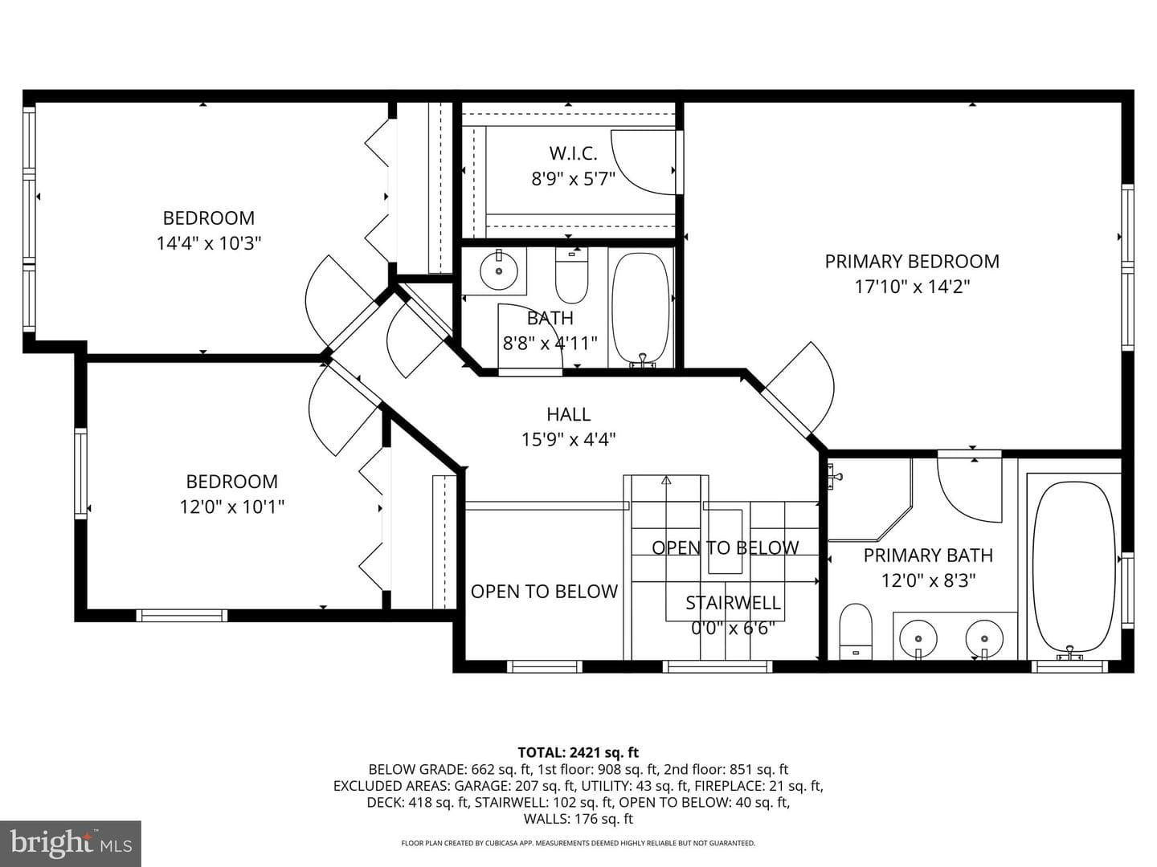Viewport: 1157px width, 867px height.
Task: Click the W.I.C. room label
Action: click(573, 153)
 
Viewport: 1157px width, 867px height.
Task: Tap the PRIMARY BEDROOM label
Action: click(912, 261)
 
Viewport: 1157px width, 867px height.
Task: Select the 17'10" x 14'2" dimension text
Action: click(912, 287)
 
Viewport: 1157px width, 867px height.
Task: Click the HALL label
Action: click(568, 414)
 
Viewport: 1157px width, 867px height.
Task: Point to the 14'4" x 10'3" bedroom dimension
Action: click(209, 243)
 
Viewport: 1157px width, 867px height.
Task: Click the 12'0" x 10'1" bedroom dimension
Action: click(232, 507)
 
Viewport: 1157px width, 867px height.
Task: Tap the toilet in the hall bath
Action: click(571, 275)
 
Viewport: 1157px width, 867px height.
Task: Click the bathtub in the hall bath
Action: click(641, 309)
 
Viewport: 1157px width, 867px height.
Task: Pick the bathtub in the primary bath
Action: click(1074, 568)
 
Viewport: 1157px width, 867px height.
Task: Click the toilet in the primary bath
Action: click(856, 631)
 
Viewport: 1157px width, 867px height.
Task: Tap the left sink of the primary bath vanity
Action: click(918, 638)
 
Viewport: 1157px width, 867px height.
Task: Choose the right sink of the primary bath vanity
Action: click(984, 638)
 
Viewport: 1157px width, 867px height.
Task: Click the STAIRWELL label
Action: click(733, 603)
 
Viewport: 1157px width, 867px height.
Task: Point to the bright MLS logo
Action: click(71, 844)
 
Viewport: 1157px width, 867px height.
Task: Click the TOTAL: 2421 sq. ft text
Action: click(578, 752)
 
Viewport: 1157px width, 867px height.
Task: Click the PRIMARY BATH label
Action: click(928, 556)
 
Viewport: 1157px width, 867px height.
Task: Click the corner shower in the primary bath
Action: click(869, 500)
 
